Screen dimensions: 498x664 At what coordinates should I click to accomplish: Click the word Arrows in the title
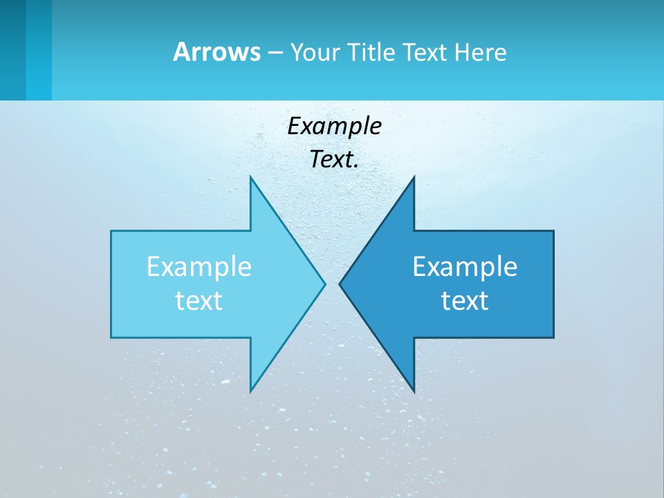coord(216,52)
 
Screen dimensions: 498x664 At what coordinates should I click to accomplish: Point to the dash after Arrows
coord(275,53)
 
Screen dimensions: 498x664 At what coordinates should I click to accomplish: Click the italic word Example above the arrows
coord(334,127)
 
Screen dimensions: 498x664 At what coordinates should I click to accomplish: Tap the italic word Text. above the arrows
coord(334,160)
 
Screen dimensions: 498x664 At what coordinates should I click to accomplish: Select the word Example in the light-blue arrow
coord(199,266)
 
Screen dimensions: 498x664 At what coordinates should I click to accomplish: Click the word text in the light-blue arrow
coord(199,300)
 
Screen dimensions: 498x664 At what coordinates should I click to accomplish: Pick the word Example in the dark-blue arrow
coord(465,266)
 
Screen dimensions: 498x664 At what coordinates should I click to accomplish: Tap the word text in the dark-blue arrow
coord(465,300)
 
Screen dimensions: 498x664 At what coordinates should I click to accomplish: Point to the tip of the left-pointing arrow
coord(340,284)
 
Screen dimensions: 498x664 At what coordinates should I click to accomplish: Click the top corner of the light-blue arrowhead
coord(251,178)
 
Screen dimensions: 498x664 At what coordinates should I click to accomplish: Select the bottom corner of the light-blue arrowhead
coord(251,390)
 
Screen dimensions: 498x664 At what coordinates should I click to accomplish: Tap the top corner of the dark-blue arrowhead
coord(414,178)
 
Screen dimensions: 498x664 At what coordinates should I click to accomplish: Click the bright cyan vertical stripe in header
coord(39,50)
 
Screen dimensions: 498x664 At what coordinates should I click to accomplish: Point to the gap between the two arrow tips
coord(332,284)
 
